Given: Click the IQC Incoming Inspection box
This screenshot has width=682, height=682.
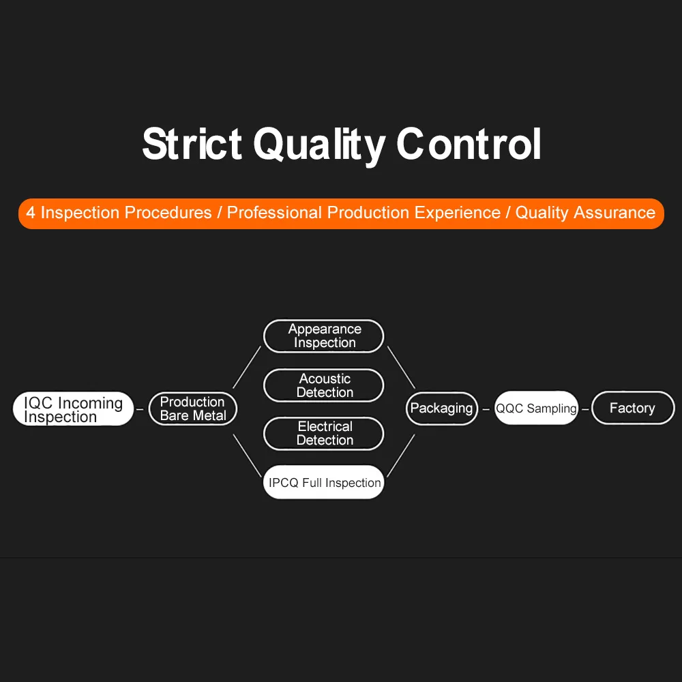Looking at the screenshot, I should tap(73, 409).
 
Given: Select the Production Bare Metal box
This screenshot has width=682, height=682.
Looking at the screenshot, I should tap(193, 409).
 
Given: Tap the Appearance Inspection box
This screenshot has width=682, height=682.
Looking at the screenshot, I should tap(324, 336).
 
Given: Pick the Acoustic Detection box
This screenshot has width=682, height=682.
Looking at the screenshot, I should tap(324, 385).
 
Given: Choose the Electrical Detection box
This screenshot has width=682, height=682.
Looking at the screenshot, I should tap(324, 434).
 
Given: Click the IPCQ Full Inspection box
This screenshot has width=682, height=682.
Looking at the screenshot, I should tap(324, 482).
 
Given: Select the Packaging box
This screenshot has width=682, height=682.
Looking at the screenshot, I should tap(442, 409).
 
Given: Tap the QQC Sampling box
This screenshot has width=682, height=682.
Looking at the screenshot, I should tap(536, 409).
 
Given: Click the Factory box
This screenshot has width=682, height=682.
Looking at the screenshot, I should tap(632, 408).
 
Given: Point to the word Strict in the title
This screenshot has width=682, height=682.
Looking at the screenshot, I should tap(192, 145).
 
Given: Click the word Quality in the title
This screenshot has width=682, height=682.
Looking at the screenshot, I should tap(319, 145).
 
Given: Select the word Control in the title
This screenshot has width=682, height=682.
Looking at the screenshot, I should tap(469, 145).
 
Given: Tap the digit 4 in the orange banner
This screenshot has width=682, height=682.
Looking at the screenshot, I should tap(31, 213).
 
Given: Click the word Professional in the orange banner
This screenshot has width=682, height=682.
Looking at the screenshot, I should tap(275, 213).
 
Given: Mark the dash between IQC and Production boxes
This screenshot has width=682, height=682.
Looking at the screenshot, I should tap(140, 410).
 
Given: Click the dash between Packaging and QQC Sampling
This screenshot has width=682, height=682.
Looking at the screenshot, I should tap(486, 410).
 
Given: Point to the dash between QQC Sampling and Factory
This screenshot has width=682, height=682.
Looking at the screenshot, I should tap(585, 410).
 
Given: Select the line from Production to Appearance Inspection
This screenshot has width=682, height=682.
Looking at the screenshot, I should tap(247, 367).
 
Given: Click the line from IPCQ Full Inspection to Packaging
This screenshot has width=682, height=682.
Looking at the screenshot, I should tap(401, 455).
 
